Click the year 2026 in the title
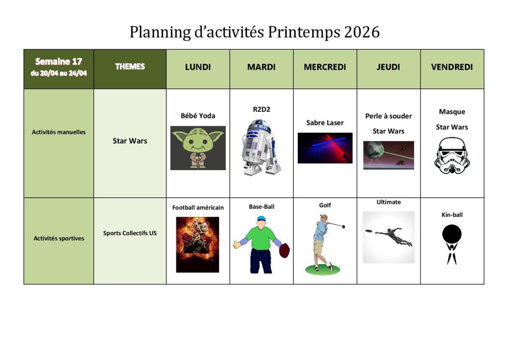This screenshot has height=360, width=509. [362, 32]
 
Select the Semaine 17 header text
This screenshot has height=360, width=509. [59, 61]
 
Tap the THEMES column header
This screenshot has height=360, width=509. [130, 67]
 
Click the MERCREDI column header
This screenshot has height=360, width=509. [325, 67]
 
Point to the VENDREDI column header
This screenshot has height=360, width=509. [452, 67]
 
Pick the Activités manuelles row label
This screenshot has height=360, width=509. [59, 132]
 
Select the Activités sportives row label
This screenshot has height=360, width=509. [59, 238]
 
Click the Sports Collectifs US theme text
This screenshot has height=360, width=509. [130, 233]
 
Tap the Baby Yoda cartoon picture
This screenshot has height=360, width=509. [198, 148]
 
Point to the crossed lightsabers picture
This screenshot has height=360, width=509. [325, 148]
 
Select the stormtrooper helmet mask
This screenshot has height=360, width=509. [452, 156]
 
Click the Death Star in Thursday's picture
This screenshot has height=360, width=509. [374, 151]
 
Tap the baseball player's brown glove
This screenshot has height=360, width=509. [284, 251]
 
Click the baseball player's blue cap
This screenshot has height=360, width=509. [261, 218]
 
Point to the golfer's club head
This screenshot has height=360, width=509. [343, 226]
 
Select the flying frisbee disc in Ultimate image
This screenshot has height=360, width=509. [369, 231]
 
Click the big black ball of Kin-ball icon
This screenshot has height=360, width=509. [452, 234]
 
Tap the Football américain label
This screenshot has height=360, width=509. [198, 207]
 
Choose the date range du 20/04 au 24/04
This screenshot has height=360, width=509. [59, 74]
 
